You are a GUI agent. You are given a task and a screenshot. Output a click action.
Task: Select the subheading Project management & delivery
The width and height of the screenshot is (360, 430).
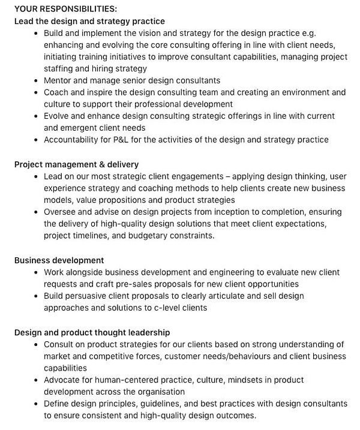(x=76, y=164)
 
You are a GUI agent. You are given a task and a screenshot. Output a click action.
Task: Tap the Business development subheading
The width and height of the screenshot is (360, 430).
(x=59, y=260)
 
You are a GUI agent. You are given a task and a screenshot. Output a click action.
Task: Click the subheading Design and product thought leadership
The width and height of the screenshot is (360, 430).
(x=92, y=332)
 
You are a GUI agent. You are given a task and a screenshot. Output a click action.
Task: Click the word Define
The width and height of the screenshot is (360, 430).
(x=57, y=404)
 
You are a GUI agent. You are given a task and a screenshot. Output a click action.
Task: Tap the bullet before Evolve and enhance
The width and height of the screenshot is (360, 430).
(x=36, y=116)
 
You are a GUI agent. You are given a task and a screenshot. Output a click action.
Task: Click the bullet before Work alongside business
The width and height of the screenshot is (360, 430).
(x=36, y=272)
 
